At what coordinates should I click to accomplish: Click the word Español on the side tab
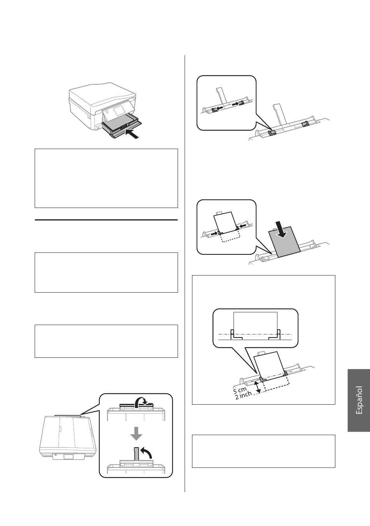coord(359,400)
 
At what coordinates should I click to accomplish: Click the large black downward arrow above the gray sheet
coord(281,229)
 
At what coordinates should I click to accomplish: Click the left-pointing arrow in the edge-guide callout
coord(219,108)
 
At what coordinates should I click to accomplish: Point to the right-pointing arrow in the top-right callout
coord(236,103)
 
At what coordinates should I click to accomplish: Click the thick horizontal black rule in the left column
coord(106,220)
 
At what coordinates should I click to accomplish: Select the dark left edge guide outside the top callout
coord(272,133)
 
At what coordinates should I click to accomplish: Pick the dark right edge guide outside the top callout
coord(305,124)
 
